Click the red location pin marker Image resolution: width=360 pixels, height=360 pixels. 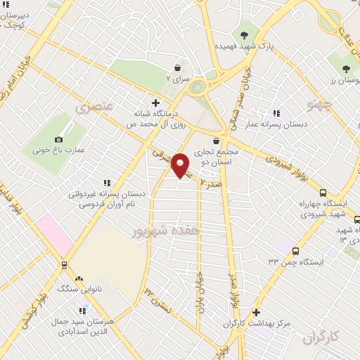(181, 165)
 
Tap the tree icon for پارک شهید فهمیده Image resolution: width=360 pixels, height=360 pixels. (245, 34)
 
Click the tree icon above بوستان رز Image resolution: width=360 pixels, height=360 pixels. (346, 69)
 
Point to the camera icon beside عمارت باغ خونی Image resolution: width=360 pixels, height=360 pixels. (58, 139)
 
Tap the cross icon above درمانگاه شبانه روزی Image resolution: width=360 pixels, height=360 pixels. (155, 103)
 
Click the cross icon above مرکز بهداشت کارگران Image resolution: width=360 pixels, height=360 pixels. (256, 312)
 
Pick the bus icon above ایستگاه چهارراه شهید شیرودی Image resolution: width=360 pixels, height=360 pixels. (323, 193)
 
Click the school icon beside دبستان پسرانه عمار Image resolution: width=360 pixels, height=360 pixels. (276, 112)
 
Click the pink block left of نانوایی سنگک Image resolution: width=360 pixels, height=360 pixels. (55, 235)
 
